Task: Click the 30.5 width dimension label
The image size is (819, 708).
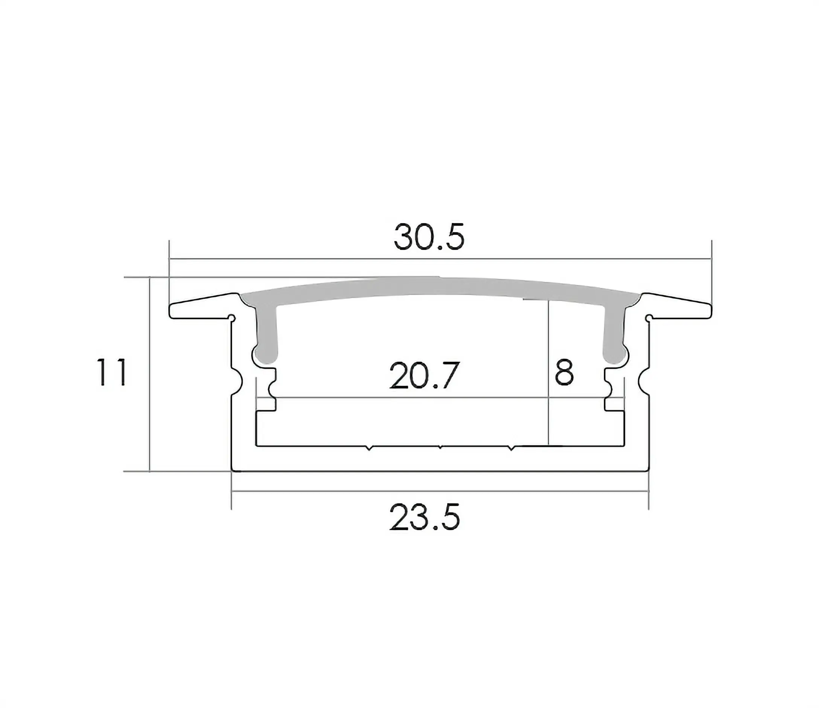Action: click(429, 237)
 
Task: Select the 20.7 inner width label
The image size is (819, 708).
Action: click(425, 375)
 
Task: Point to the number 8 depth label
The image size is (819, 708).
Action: click(564, 372)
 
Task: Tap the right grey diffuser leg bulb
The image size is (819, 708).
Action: click(614, 354)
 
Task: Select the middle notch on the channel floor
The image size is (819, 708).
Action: click(440, 448)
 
